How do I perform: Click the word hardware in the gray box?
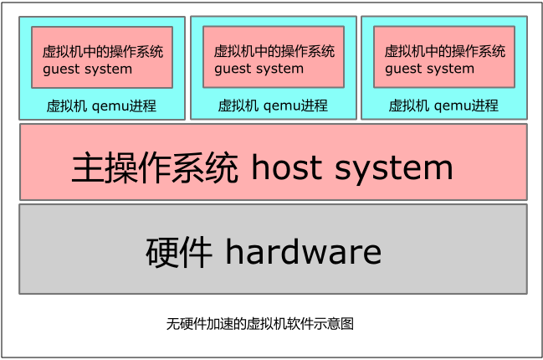[303, 251]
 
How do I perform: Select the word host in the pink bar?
[286, 168]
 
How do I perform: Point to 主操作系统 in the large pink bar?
[156, 168]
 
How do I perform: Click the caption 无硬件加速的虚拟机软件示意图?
[260, 323]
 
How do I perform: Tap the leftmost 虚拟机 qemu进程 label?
[101, 106]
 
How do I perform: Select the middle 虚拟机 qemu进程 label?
[273, 106]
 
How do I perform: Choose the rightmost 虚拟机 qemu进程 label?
[443, 106]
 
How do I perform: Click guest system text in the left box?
[87, 69]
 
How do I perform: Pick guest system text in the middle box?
[259, 69]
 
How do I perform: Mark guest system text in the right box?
[429, 69]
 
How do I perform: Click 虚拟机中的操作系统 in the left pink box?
[103, 51]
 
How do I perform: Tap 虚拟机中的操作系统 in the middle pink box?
[274, 51]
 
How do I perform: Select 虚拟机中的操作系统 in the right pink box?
[445, 51]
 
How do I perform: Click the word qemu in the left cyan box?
[110, 107]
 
